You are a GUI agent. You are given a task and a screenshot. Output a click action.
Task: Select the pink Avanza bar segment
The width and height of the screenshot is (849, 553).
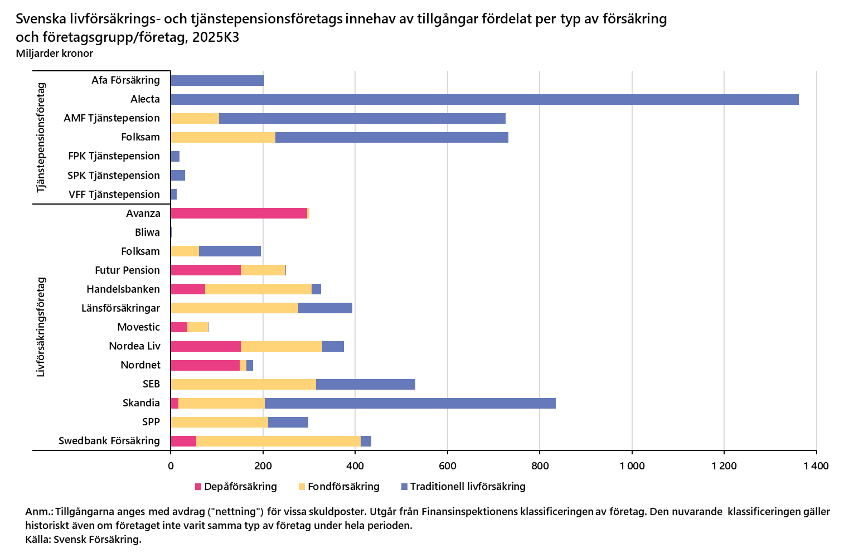click(239, 213)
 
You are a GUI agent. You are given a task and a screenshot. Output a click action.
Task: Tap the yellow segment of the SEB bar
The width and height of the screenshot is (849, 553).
click(243, 384)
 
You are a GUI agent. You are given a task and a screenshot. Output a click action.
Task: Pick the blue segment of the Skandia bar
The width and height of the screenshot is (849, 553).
click(410, 403)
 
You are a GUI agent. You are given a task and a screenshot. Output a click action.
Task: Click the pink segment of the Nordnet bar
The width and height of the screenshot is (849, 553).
click(205, 365)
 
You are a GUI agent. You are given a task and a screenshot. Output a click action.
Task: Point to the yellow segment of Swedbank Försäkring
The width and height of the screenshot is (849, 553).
click(278, 441)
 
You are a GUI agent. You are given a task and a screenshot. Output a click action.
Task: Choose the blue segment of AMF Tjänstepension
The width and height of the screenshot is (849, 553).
click(362, 118)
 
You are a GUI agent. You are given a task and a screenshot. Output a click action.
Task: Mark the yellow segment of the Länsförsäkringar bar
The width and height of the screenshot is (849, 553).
click(234, 308)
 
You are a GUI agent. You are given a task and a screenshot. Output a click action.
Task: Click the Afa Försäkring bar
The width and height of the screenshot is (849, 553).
click(217, 80)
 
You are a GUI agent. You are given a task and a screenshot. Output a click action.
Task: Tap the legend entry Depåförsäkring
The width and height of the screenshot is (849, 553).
click(236, 487)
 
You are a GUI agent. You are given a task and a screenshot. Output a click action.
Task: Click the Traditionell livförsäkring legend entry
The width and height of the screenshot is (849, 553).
click(463, 487)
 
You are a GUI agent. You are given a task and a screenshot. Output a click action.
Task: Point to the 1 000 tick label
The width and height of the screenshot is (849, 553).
click(632, 466)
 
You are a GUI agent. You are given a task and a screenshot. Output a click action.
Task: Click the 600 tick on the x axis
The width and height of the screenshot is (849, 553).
click(447, 466)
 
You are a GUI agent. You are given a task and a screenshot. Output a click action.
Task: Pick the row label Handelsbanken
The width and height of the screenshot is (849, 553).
click(123, 289)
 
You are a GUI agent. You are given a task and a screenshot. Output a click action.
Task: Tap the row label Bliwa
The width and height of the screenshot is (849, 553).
click(147, 232)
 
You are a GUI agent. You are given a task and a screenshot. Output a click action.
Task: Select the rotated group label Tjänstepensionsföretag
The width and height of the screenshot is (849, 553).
click(41, 138)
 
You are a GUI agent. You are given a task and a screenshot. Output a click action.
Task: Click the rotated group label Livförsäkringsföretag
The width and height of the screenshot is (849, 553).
click(41, 327)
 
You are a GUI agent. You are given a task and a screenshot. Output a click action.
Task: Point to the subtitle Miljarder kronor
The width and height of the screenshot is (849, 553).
click(55, 54)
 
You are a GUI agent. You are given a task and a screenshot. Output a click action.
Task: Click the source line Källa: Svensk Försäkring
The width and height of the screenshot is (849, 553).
click(83, 540)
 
